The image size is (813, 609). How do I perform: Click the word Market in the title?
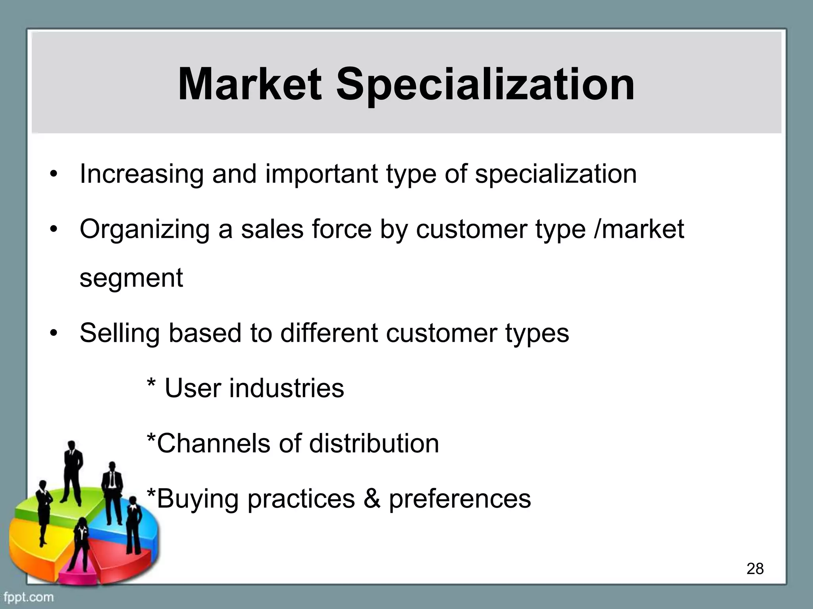point(249,84)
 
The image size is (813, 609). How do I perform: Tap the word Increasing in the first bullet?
point(141,174)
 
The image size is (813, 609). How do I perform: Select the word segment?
point(131,279)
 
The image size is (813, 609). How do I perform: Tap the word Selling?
point(119,333)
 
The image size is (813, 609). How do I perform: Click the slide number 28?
point(755,569)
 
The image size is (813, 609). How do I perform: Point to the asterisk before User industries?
point(151,385)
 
